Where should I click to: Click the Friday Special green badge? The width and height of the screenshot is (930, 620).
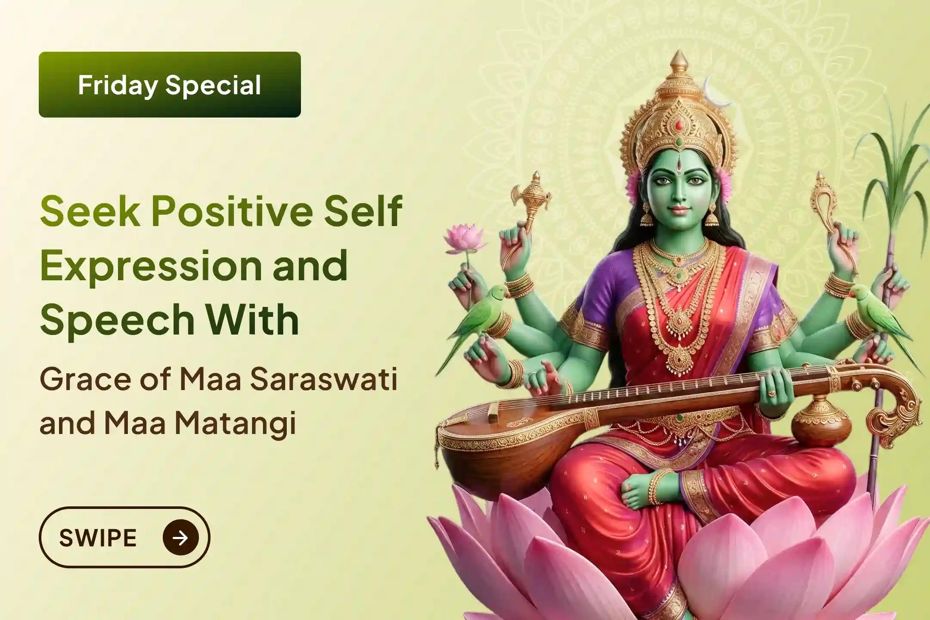[x=170, y=84]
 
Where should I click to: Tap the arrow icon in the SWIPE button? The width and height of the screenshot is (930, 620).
[x=181, y=537]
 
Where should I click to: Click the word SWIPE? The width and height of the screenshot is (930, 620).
[x=98, y=538]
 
